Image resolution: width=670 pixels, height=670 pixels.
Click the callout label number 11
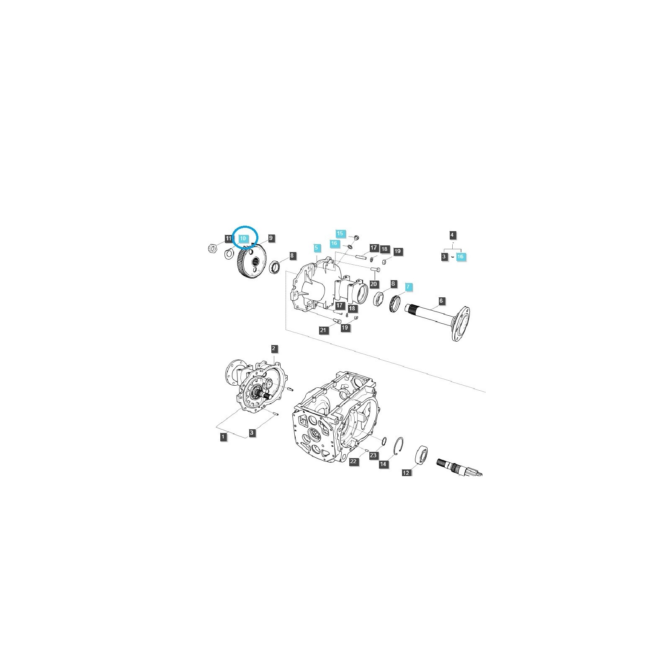tap(228, 239)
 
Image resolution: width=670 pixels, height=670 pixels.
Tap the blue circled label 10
tap(243, 238)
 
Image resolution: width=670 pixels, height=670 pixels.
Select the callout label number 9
tap(271, 238)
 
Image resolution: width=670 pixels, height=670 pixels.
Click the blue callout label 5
tap(317, 248)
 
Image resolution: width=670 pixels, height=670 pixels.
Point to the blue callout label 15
tap(340, 233)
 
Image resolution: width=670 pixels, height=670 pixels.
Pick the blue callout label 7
tap(409, 287)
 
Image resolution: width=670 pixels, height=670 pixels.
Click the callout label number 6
tap(441, 301)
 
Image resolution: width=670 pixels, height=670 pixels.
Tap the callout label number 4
tap(452, 235)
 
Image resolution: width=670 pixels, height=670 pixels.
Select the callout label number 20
tap(374, 284)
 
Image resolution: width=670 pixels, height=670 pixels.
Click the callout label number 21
tap(323, 330)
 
